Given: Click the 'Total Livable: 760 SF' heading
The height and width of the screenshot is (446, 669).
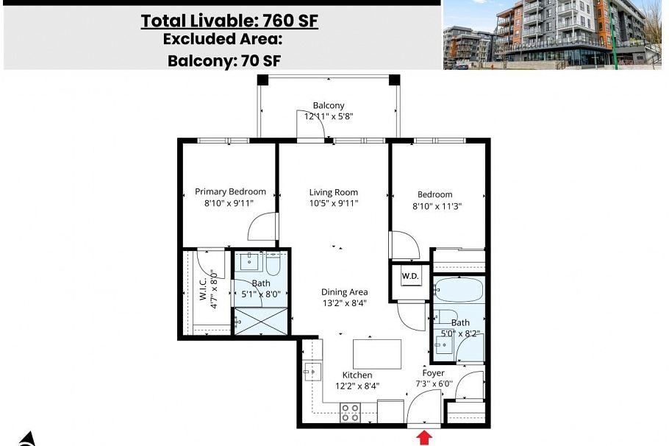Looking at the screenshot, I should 229,21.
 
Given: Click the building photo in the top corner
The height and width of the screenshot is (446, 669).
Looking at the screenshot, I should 556,35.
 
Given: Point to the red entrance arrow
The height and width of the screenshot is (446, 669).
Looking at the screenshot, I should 424,438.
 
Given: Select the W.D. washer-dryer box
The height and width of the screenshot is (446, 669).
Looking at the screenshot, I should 409,277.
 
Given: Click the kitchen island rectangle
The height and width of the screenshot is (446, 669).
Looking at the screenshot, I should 377,353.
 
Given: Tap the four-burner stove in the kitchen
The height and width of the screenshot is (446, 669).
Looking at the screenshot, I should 350,413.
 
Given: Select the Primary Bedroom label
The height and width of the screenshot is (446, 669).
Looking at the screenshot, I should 230,192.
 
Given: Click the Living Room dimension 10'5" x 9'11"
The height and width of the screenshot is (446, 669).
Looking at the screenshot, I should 334,204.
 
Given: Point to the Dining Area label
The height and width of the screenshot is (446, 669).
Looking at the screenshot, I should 344,292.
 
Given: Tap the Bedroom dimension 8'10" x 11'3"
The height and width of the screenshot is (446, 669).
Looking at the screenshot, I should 438,207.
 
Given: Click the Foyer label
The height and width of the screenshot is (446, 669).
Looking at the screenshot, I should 433,373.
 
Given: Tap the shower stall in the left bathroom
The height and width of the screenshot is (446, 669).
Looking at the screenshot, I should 261,321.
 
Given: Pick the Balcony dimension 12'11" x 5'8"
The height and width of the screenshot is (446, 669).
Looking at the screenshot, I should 329,116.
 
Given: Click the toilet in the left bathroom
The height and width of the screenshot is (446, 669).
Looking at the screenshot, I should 273,263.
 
